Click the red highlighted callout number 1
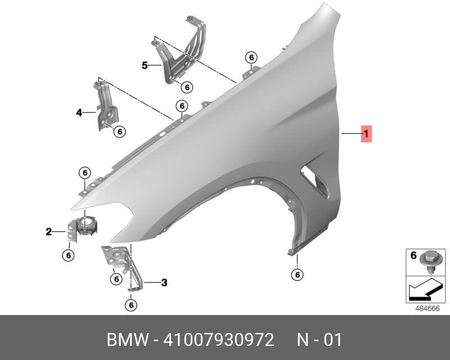(366, 134)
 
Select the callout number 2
(49, 231)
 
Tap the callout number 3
(164, 282)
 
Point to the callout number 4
(79, 112)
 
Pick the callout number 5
(145, 65)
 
